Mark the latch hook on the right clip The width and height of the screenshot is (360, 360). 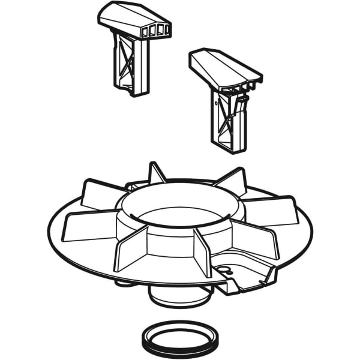point(246,89)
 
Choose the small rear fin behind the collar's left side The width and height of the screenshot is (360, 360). point(156,173)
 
